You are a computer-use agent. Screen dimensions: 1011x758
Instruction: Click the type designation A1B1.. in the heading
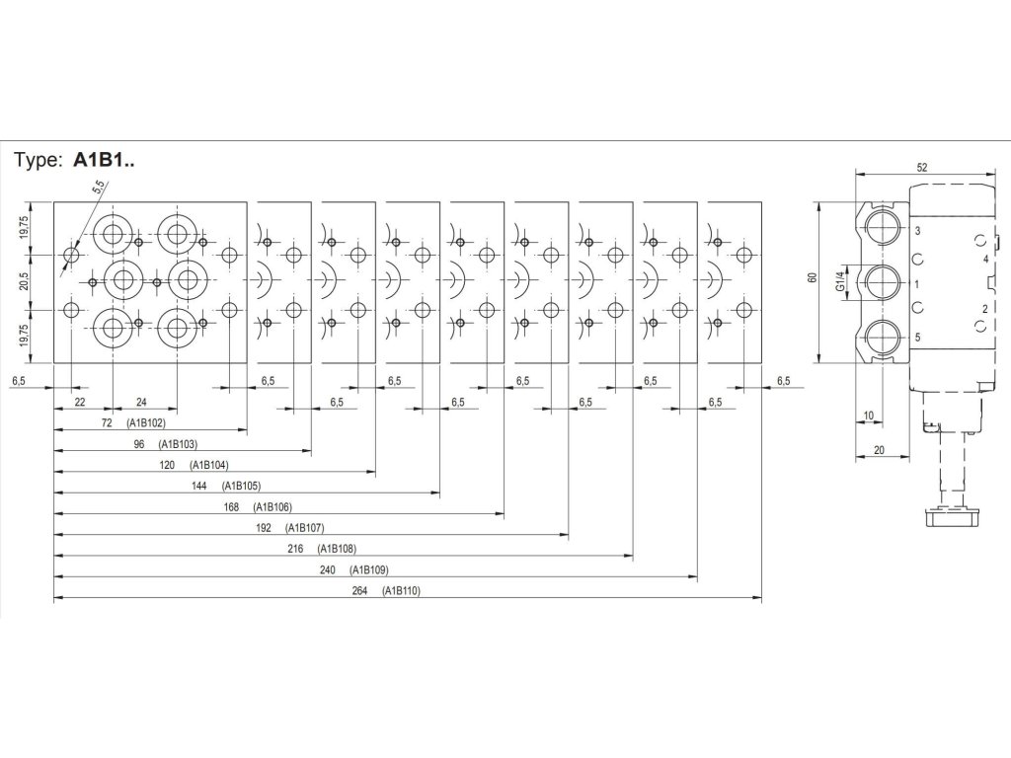point(104,162)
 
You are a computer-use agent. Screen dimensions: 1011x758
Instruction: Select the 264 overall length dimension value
point(358,591)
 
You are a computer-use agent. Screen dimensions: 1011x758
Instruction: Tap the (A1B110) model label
point(402,591)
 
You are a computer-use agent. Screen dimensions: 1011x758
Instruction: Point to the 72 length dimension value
point(107,422)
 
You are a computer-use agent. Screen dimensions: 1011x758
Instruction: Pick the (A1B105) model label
point(241,486)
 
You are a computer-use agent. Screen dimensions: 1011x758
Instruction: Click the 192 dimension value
point(263,528)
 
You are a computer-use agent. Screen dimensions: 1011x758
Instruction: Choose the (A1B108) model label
point(338,549)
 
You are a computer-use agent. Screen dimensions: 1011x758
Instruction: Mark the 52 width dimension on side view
point(921,168)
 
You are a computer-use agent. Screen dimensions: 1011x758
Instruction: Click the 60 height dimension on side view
point(811,278)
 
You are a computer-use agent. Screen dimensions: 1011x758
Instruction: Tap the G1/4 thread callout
point(841,283)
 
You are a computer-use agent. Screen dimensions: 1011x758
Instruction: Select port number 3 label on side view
point(918,231)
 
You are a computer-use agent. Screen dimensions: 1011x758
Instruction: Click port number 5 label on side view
point(918,338)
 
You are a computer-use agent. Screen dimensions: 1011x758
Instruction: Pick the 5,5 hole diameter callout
point(99,189)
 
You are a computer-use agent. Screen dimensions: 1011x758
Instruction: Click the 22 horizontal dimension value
point(80,402)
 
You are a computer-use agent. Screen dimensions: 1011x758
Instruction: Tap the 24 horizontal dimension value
point(141,402)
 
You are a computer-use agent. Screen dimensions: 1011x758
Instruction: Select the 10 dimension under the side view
point(868,416)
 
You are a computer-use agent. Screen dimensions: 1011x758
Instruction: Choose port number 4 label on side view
point(984,259)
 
